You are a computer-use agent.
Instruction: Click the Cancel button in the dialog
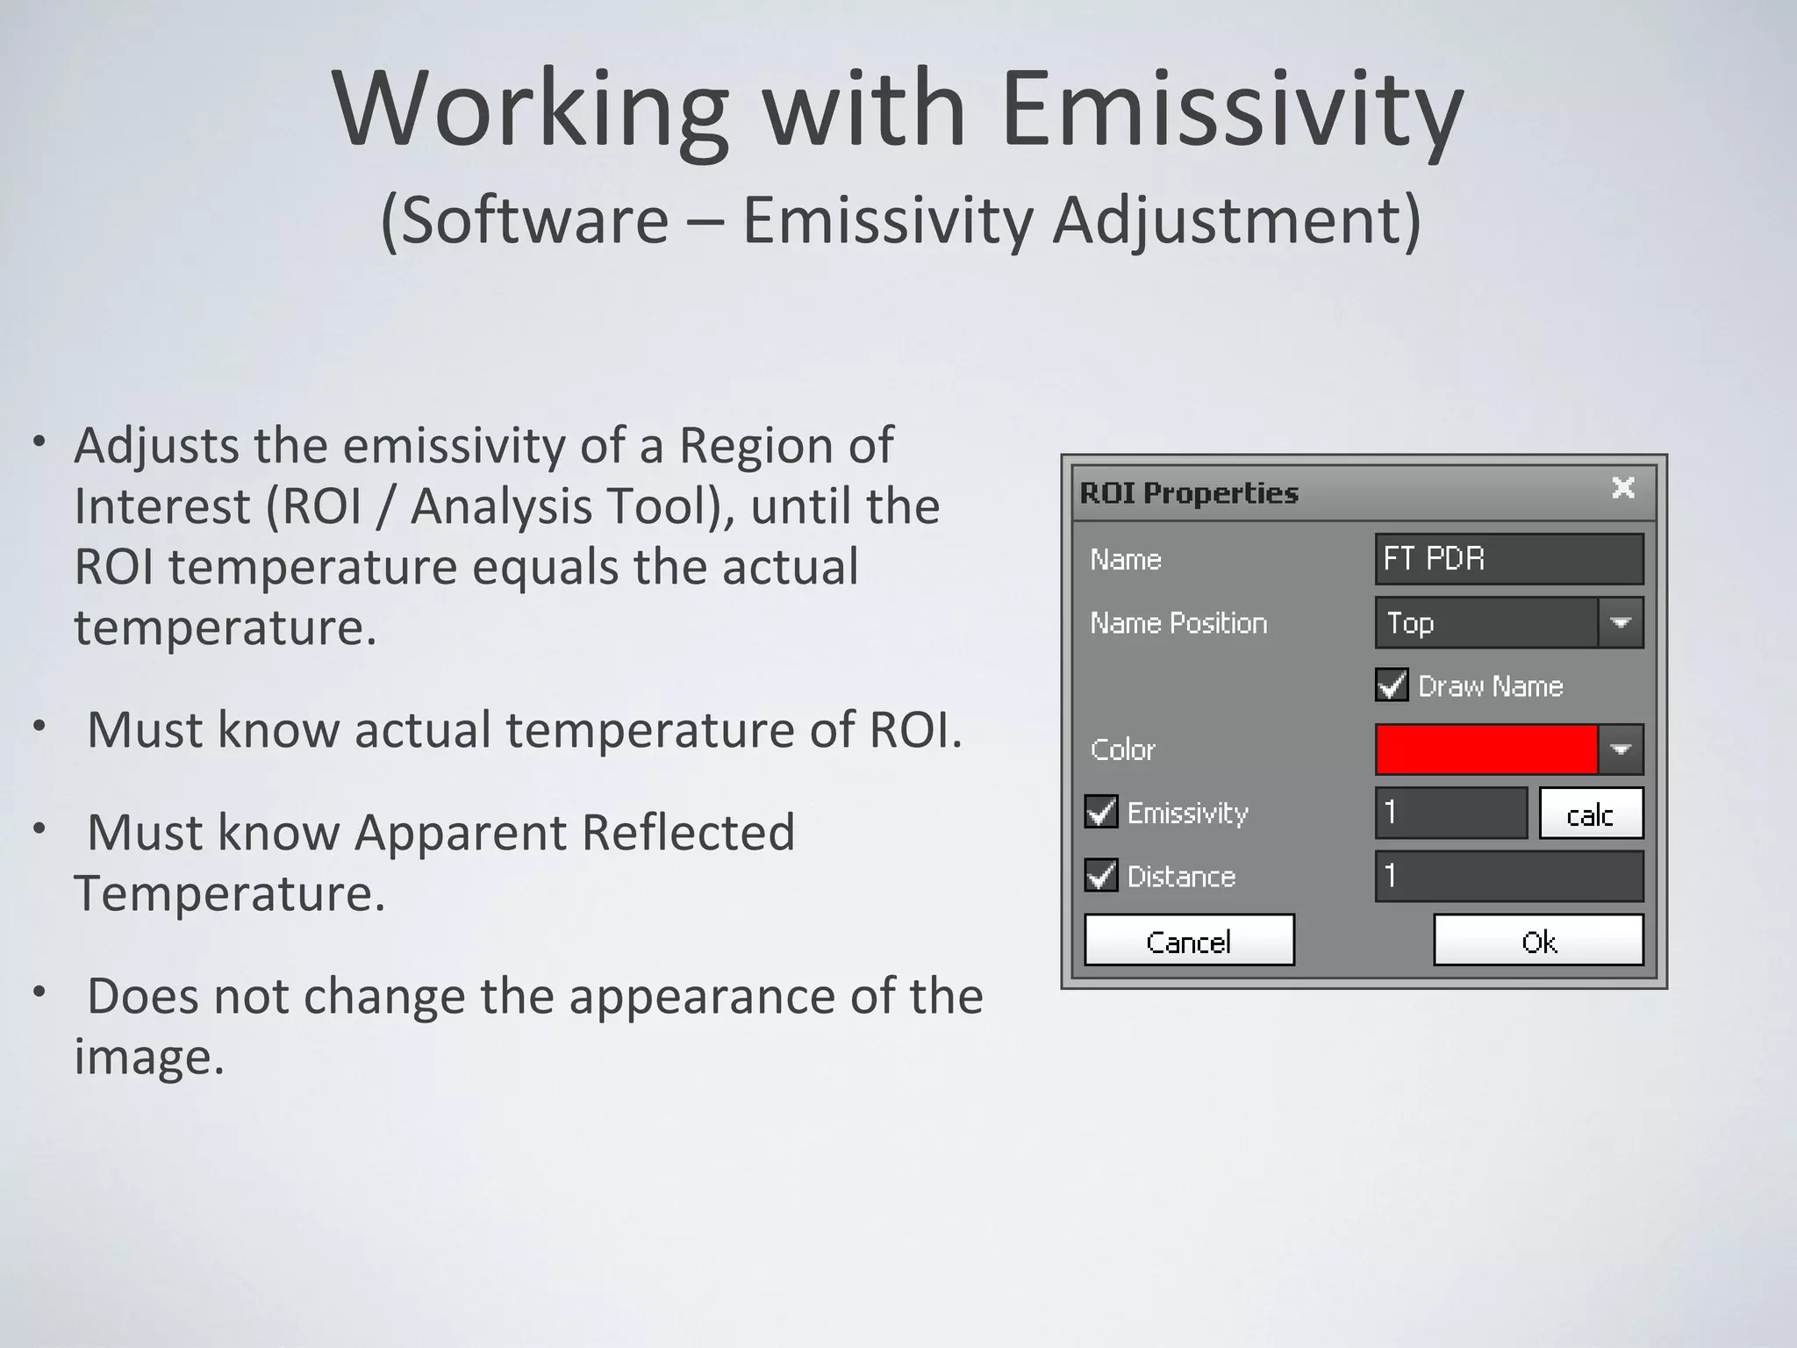point(1189,941)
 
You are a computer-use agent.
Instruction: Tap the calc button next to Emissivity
point(1590,814)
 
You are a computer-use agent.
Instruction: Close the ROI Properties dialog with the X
point(1622,488)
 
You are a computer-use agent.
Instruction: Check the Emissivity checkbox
point(1101,812)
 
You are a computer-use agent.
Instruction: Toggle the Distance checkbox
point(1101,876)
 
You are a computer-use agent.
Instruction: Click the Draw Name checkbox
point(1392,685)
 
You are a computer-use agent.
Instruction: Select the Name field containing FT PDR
point(1508,559)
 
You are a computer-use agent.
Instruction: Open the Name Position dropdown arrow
point(1620,623)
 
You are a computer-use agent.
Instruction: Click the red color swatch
point(1486,749)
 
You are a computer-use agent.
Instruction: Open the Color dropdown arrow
point(1620,749)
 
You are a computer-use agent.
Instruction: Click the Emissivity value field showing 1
point(1450,813)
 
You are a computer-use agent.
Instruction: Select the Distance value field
point(1508,876)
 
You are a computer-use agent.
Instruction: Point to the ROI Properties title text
point(1188,493)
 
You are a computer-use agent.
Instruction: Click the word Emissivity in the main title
point(1231,111)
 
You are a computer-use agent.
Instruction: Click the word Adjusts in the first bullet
point(157,446)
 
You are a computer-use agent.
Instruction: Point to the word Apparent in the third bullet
point(460,832)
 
